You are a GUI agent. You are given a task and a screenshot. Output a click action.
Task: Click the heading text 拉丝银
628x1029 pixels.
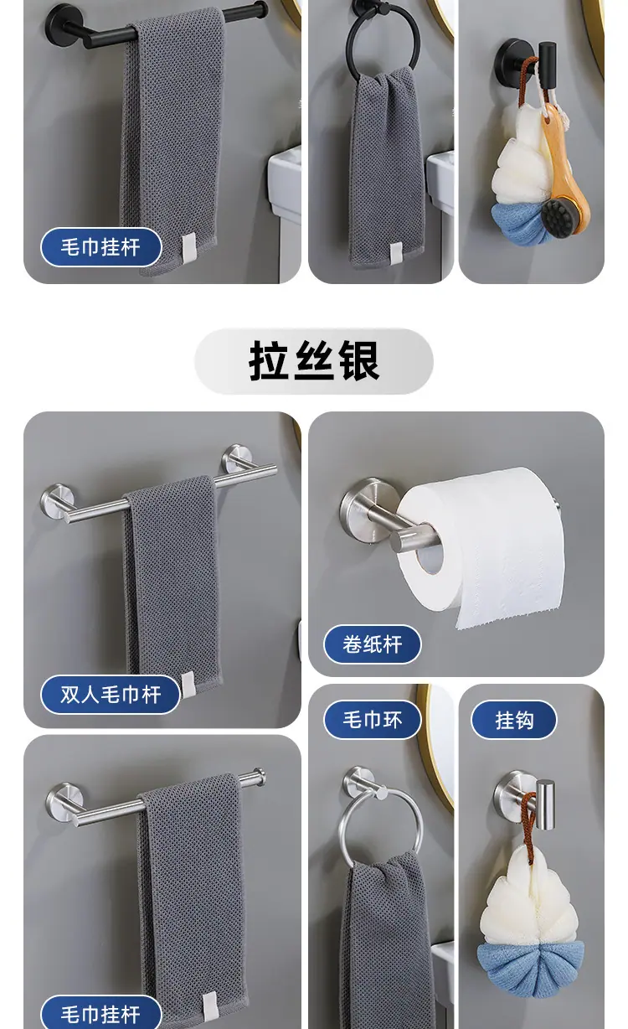[x=314, y=360]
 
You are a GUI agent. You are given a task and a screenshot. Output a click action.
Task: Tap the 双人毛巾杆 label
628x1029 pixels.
[x=111, y=695]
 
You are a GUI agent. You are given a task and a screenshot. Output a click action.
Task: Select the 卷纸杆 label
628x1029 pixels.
[x=373, y=644]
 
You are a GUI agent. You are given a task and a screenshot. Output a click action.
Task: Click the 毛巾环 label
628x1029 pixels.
[x=373, y=720]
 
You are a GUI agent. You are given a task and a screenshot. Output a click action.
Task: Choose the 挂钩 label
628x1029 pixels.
[x=514, y=720]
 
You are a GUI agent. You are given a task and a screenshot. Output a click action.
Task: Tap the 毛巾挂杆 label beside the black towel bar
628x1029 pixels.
[x=101, y=247]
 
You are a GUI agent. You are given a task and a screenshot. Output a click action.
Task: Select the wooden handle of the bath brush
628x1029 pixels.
[x=564, y=161]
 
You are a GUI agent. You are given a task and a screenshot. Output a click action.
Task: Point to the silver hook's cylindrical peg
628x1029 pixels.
[x=546, y=804]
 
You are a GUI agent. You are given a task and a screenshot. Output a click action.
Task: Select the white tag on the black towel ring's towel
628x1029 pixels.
[x=396, y=251]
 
